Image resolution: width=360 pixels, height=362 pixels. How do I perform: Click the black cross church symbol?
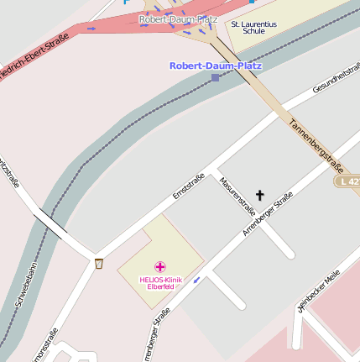pos(259,196)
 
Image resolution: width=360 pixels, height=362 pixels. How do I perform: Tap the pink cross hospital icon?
pos(160,266)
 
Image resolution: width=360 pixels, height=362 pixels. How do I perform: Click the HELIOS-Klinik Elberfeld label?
pos(160,281)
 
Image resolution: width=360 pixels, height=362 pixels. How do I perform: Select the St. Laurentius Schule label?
pos(253,28)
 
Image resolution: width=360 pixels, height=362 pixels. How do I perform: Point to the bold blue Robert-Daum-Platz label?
pos(216,65)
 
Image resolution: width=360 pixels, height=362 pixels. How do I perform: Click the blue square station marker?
pos(216,77)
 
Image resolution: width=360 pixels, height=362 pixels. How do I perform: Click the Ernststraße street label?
pos(188,186)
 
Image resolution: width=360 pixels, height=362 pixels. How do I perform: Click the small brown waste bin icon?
pos(99,264)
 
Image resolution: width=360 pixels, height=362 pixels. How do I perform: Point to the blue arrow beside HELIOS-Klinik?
pos(197,280)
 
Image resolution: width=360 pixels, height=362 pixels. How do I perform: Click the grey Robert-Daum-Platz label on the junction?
pos(179,18)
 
